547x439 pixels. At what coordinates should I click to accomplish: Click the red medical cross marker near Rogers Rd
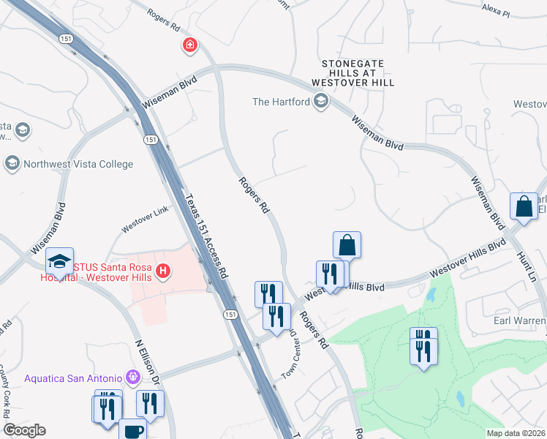(190, 45)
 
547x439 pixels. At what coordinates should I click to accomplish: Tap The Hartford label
(281, 102)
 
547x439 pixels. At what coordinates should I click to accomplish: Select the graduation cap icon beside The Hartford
(320, 102)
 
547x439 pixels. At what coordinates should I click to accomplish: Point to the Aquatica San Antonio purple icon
(132, 378)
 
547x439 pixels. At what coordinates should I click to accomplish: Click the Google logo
(24, 431)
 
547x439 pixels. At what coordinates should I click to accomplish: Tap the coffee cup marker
(132, 429)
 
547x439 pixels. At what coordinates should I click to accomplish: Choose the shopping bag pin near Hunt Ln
(524, 206)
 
